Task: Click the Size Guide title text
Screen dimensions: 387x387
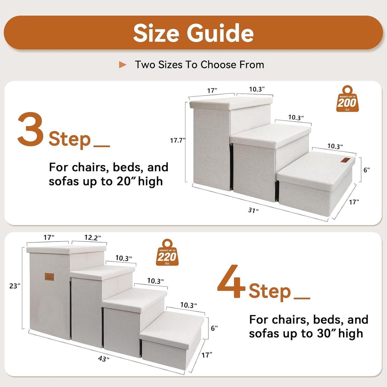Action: [193, 33]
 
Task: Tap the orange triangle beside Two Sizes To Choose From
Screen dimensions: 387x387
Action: [122, 65]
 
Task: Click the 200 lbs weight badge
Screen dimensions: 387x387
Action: [347, 99]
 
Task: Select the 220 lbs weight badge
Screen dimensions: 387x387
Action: [167, 253]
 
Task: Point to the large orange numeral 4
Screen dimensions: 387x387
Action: [231, 281]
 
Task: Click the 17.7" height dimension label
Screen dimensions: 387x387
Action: [178, 140]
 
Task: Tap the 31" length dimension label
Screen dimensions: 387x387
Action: [253, 210]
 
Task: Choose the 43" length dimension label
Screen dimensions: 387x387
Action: [104, 359]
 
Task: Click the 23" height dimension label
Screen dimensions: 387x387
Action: [15, 286]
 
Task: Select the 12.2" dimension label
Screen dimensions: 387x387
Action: [92, 238]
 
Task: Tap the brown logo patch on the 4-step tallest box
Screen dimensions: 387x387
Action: [49, 277]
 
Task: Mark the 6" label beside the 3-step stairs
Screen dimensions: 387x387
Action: [366, 170]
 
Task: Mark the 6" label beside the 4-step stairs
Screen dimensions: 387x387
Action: [214, 328]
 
